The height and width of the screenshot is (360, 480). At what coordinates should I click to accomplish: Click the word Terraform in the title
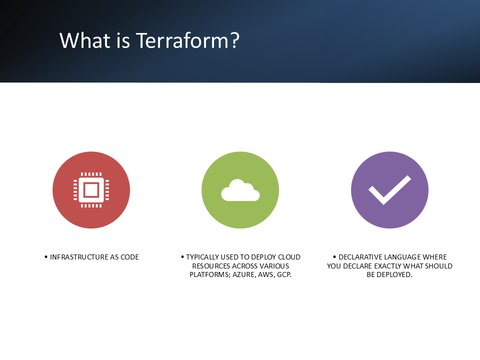(x=182, y=40)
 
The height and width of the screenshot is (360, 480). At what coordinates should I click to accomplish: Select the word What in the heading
(x=85, y=40)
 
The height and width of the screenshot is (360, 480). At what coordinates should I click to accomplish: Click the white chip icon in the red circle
(x=91, y=190)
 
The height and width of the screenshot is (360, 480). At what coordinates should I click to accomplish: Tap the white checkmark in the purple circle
(x=389, y=190)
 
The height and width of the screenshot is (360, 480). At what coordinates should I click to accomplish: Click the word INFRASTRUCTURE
(x=75, y=257)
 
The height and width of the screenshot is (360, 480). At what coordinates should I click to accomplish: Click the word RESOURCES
(x=211, y=266)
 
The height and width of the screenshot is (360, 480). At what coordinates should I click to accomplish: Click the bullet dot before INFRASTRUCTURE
(x=46, y=257)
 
